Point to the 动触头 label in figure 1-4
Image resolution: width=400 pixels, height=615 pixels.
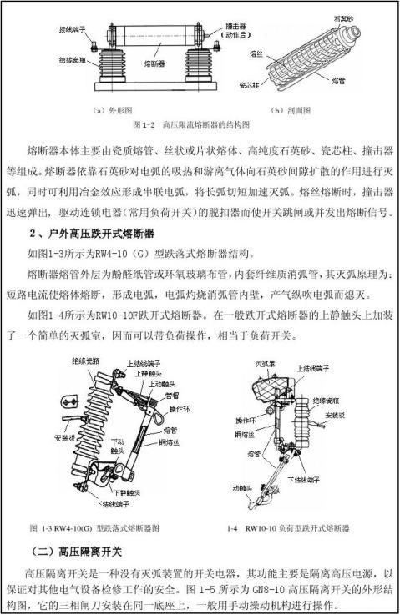point(244,483)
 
